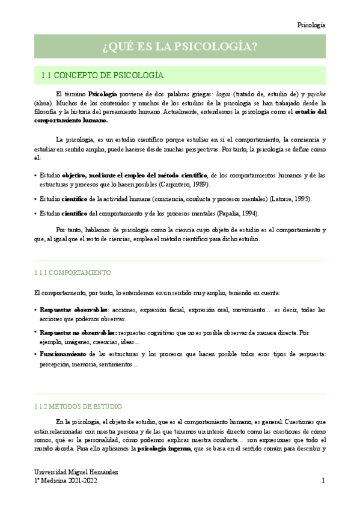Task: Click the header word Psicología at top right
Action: click(x=311, y=25)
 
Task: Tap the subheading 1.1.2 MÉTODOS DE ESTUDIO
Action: click(x=79, y=407)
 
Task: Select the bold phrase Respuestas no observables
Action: click(x=78, y=332)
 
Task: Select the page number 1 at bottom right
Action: click(x=323, y=481)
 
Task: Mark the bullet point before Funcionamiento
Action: click(x=35, y=354)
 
